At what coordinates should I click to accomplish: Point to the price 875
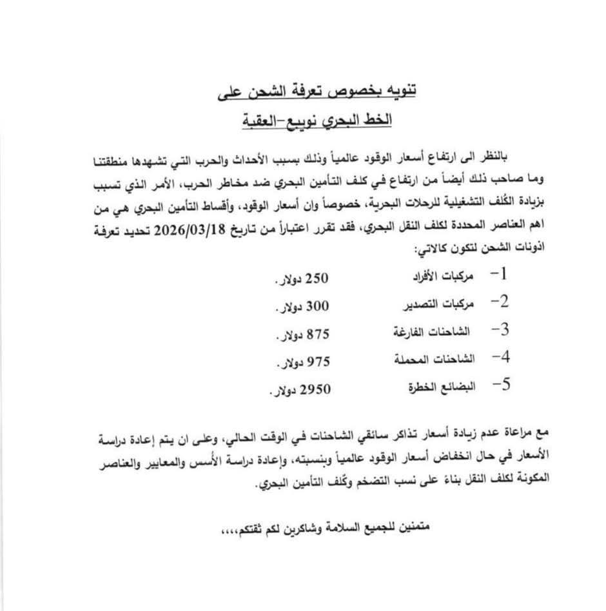click(318, 335)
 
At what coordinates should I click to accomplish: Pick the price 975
click(318, 361)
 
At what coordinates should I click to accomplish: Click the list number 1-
click(499, 274)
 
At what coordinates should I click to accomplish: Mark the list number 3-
click(500, 331)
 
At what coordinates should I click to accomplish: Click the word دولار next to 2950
click(283, 391)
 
